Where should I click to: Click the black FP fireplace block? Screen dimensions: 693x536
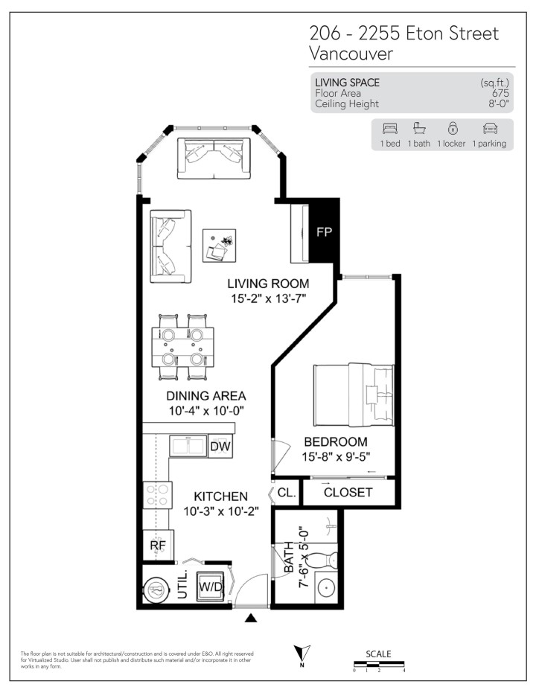(x=324, y=231)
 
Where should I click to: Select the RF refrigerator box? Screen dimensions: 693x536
(x=157, y=545)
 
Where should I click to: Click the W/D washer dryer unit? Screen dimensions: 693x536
(x=211, y=587)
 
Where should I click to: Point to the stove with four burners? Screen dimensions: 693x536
(x=158, y=496)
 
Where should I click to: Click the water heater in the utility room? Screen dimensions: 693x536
(x=156, y=590)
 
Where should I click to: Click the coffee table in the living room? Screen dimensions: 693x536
(x=220, y=246)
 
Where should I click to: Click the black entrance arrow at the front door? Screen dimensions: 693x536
(x=252, y=617)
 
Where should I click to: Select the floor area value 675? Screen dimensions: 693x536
(x=500, y=93)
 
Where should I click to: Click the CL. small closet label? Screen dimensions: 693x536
(x=287, y=492)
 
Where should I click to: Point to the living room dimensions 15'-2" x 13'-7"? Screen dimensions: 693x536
(x=268, y=298)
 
